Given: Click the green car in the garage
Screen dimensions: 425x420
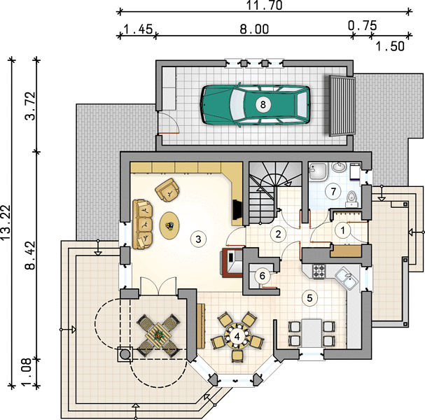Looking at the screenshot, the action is [255, 105].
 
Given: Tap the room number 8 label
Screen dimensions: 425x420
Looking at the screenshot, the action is [263, 104].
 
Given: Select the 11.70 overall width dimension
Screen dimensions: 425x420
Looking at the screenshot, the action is [265, 6].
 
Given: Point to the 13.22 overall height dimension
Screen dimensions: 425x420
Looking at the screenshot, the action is [6, 223].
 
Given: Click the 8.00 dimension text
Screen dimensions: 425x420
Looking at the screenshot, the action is [254, 29].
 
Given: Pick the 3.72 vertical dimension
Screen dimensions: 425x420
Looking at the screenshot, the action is [30, 106].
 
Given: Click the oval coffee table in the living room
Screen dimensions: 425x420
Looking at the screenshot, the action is [169, 225].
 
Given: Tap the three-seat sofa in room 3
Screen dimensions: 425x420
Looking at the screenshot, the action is [142, 225].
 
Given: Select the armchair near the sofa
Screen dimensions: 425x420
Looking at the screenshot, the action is [167, 190].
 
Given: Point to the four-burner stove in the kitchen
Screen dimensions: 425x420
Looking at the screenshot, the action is [319, 271].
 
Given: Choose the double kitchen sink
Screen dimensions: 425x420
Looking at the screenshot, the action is [346, 279].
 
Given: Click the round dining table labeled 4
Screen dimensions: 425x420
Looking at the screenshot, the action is [237, 337].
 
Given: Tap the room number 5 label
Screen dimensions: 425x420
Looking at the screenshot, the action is [309, 298].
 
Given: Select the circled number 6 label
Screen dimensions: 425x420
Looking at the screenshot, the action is [262, 276].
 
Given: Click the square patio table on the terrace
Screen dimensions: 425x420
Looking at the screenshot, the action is [158, 336].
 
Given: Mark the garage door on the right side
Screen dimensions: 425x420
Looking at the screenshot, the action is [342, 105].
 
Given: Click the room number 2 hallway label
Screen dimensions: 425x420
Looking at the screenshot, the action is [278, 234].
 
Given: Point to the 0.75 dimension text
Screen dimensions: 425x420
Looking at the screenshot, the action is [363, 26].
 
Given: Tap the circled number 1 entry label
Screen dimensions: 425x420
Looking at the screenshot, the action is [343, 230].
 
